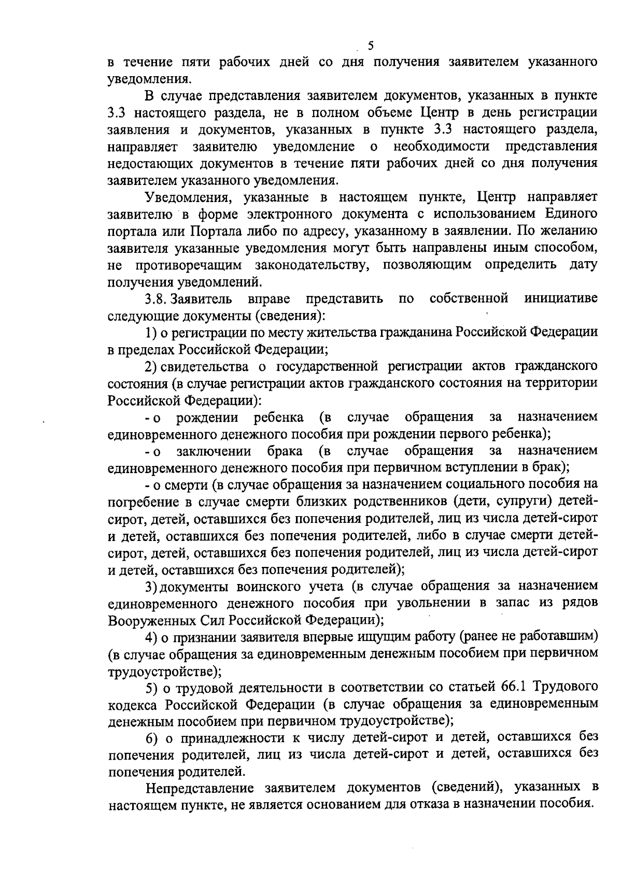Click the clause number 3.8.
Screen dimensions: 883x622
click(x=156, y=299)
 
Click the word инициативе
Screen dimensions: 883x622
click(x=561, y=299)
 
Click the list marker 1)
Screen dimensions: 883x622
click(x=151, y=333)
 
